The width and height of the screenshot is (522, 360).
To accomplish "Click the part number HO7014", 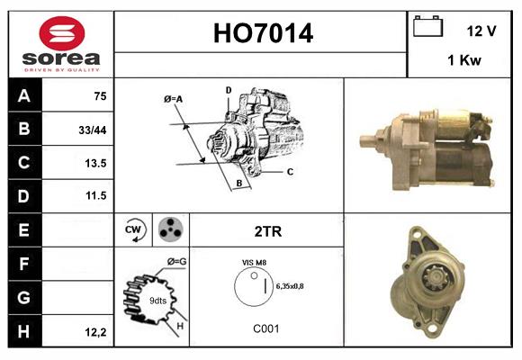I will click(263, 34).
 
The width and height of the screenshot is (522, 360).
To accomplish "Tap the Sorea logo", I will click(61, 43).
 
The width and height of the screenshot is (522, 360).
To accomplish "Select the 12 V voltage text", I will click(481, 31).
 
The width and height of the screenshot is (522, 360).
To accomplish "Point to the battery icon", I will click(426, 27).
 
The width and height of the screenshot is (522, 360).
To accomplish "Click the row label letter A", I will click(23, 96).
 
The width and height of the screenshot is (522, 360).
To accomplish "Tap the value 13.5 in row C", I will click(95, 164).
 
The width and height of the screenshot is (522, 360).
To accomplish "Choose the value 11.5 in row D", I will click(95, 195).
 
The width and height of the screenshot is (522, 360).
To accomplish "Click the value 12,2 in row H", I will click(95, 332).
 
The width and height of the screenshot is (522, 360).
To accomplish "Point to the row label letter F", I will click(23, 265).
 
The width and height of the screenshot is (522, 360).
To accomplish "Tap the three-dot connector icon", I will click(170, 229).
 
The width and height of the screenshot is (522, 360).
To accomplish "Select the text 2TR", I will click(268, 231).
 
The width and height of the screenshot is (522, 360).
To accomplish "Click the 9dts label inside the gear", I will click(157, 301).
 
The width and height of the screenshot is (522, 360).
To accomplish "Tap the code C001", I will click(265, 328).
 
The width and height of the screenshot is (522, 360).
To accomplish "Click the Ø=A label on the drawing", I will click(174, 99).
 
